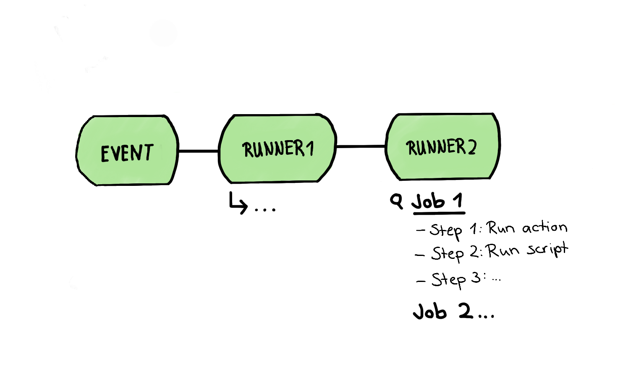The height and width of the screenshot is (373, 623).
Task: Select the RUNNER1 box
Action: (x=277, y=149)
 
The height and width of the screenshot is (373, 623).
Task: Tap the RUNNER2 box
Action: (x=442, y=147)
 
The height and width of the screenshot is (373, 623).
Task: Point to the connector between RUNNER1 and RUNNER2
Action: (x=361, y=146)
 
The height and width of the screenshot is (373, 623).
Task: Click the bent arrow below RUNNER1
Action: (x=238, y=203)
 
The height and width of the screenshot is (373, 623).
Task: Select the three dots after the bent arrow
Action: (x=265, y=209)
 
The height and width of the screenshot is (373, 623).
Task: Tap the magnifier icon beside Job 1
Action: (x=396, y=201)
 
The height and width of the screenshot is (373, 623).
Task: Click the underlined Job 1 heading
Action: (x=437, y=201)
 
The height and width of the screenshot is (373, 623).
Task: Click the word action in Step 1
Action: (x=544, y=227)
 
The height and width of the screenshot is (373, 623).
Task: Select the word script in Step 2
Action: (x=547, y=250)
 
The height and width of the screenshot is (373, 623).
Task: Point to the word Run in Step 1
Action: (x=500, y=228)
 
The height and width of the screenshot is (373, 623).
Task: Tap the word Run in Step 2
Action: (x=501, y=251)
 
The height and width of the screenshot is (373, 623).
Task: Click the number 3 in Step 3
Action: (x=476, y=277)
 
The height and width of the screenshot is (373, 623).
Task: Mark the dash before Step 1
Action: (x=420, y=230)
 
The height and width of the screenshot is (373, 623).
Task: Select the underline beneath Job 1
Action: (x=439, y=213)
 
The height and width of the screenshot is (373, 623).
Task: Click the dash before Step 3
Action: (x=421, y=281)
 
